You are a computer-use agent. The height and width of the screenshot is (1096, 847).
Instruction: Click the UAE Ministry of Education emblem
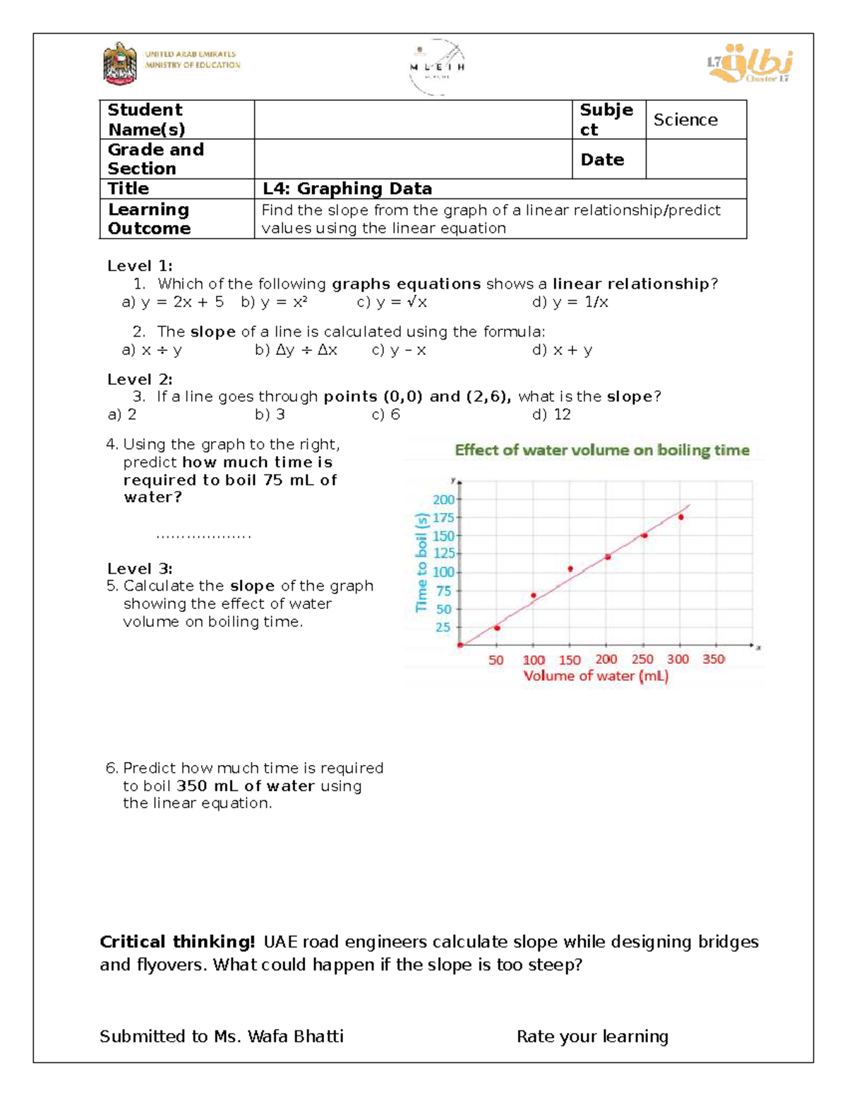point(120,64)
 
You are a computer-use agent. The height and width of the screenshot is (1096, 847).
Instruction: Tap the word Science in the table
point(685,120)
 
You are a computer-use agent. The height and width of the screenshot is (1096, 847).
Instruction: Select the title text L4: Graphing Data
point(347,188)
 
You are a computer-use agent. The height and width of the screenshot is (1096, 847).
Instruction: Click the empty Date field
point(695,159)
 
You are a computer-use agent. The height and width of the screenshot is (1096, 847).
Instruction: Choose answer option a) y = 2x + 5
point(173,302)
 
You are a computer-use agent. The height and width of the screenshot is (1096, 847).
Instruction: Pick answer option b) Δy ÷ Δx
point(296,350)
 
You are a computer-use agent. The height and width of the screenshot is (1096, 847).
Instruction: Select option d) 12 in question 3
point(552,414)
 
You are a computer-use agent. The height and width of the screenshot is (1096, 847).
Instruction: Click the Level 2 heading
point(140,380)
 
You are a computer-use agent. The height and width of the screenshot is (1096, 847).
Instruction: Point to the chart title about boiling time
point(601,450)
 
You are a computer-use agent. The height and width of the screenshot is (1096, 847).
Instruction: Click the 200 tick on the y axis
point(443,500)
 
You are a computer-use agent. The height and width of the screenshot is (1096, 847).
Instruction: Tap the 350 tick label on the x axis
point(714,659)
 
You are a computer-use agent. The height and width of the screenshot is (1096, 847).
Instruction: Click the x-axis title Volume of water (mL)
point(596,676)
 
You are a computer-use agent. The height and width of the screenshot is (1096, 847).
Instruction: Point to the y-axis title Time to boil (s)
point(422,562)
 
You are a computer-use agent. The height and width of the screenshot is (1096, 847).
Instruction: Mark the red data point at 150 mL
point(570,569)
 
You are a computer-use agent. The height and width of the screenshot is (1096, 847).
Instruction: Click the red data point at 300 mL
point(681,517)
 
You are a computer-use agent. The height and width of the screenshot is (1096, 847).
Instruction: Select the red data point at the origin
point(460,645)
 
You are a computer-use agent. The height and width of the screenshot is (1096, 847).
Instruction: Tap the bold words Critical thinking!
point(177,942)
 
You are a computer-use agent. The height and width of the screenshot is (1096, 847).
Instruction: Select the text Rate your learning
point(592,1036)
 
